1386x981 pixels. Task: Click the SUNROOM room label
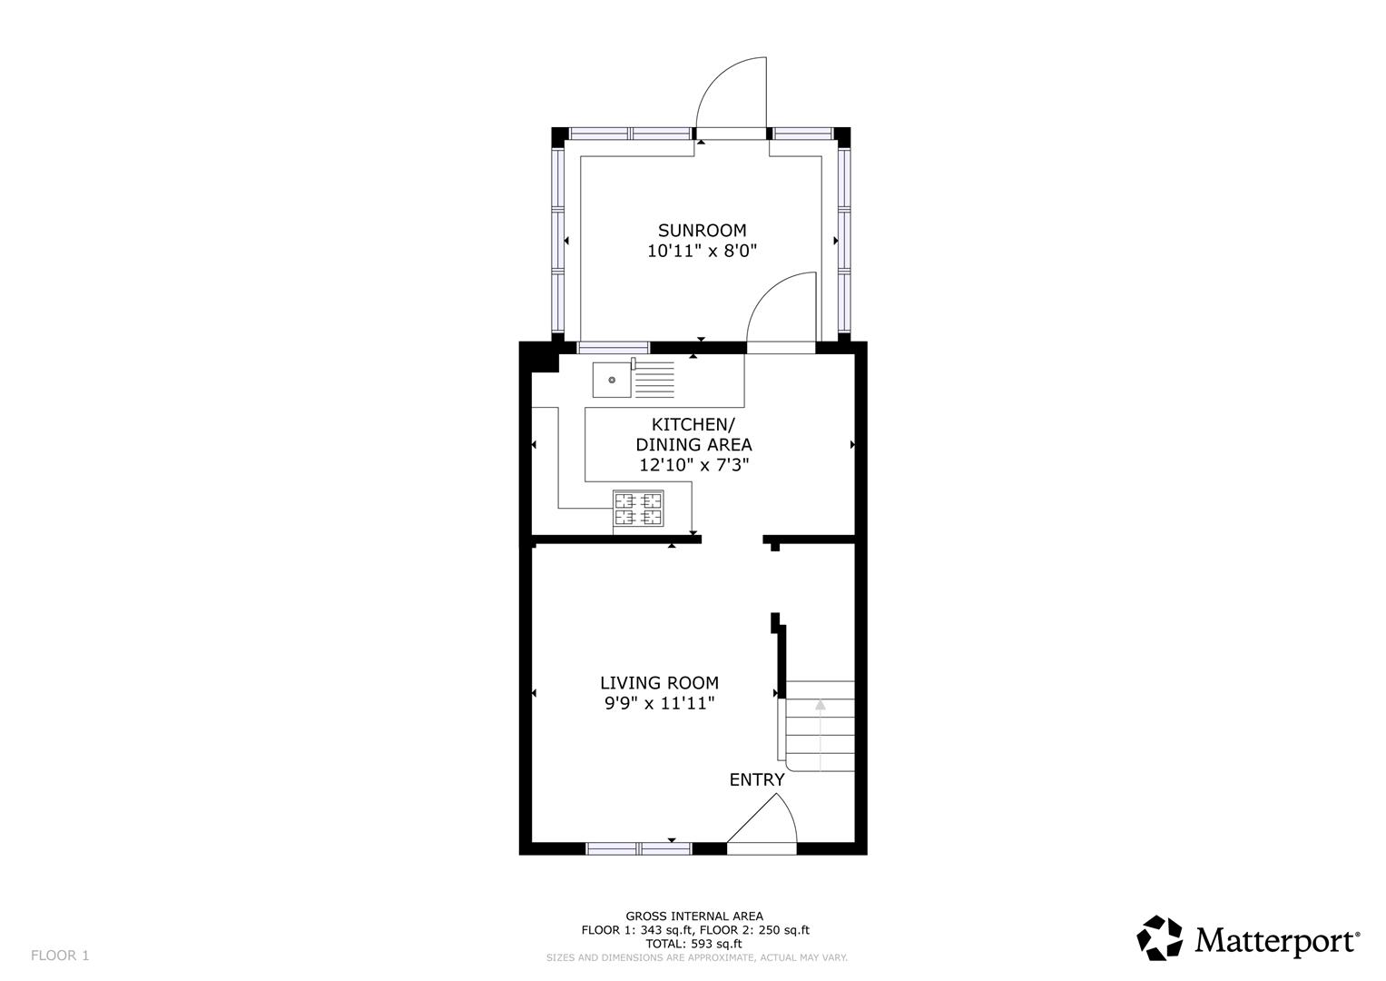point(702,231)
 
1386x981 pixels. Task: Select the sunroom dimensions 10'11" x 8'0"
point(702,252)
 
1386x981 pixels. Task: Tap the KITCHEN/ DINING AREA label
point(693,434)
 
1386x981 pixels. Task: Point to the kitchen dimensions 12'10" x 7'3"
point(693,465)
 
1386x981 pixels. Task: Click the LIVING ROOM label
point(659,683)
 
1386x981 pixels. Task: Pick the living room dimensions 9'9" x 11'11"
point(659,703)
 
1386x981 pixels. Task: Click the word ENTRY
point(756,779)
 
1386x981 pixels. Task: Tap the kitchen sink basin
point(612,380)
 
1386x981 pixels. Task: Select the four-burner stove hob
point(638,509)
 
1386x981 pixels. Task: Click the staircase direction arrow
point(821,705)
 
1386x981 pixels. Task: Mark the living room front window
point(639,848)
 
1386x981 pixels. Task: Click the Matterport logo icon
point(1160,938)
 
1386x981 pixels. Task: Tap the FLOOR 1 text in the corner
point(60,956)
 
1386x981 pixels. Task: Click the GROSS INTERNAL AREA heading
point(693,917)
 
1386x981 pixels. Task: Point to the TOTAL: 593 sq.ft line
point(693,944)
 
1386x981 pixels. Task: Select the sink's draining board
point(654,380)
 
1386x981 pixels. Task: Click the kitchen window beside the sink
point(614,347)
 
